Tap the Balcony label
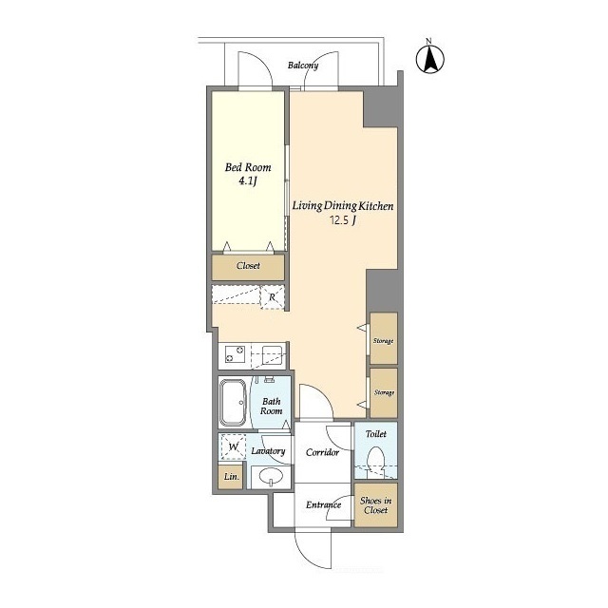(303, 66)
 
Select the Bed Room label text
(248, 167)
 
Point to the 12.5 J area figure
(343, 220)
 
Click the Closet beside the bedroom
(248, 267)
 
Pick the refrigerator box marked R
(273, 297)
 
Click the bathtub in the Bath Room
(233, 403)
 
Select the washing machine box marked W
(233, 446)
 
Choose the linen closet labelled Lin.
(231, 476)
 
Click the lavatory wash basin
(271, 477)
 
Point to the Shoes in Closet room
(376, 505)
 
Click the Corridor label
(322, 452)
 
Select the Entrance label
(323, 504)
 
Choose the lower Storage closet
(384, 392)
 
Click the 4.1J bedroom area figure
(248, 180)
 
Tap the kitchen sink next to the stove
(270, 354)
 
